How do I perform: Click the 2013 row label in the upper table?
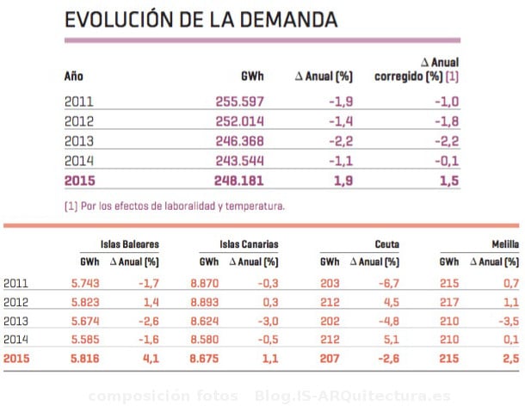pyautogui.click(x=78, y=141)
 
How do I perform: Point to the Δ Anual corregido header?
pyautogui.click(x=417, y=69)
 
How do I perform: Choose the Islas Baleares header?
pyautogui.click(x=130, y=244)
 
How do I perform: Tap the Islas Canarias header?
pyautogui.click(x=250, y=244)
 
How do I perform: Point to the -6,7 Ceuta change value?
pyautogui.click(x=387, y=283)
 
